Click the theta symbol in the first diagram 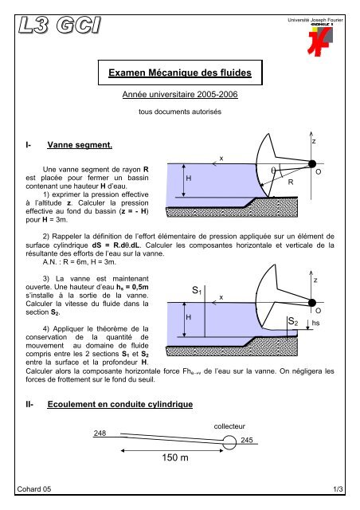[272, 171]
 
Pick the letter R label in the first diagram [292, 182]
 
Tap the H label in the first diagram [188, 180]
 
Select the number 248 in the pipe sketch [100, 433]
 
